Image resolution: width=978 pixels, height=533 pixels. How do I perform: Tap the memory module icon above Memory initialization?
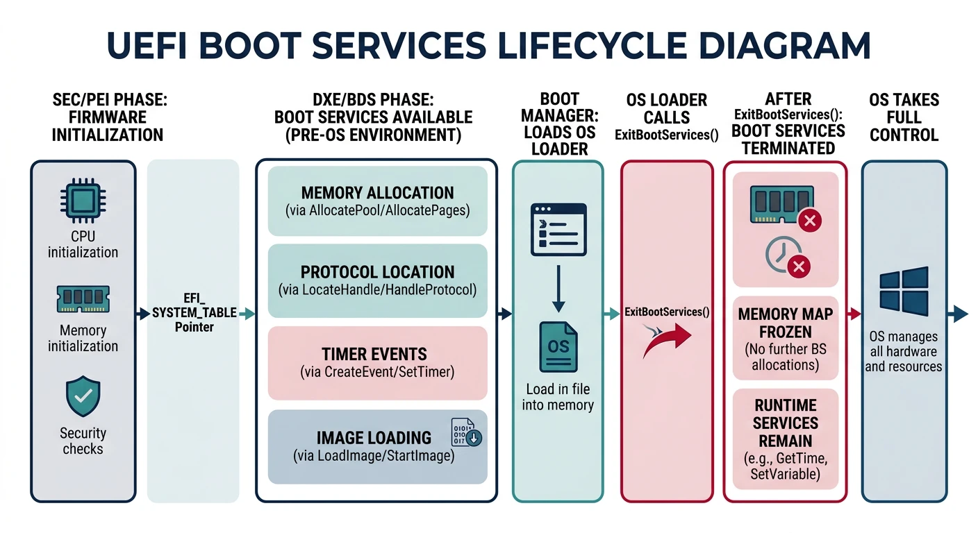click(83, 300)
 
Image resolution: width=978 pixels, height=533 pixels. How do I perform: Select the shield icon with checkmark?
click(83, 396)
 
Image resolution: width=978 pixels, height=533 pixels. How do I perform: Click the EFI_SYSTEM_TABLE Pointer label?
click(194, 314)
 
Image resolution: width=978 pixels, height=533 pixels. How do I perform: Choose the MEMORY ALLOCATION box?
click(378, 201)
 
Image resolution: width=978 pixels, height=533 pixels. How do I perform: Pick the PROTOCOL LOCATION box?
click(378, 280)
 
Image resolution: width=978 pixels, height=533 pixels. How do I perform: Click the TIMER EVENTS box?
click(378, 362)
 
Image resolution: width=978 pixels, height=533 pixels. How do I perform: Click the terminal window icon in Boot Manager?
click(558, 229)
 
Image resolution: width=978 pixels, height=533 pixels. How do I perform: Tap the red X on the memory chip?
click(810, 221)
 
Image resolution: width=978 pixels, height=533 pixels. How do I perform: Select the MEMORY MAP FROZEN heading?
click(785, 323)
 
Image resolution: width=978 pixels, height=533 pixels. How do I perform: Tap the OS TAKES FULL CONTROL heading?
click(904, 117)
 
